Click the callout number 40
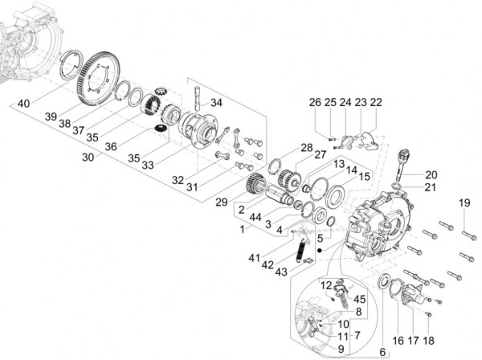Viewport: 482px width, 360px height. click(23, 103)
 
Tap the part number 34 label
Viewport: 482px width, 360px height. click(217, 103)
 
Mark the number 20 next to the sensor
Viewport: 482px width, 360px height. click(431, 174)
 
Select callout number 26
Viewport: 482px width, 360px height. click(315, 102)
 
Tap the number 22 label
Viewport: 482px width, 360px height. click(376, 102)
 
